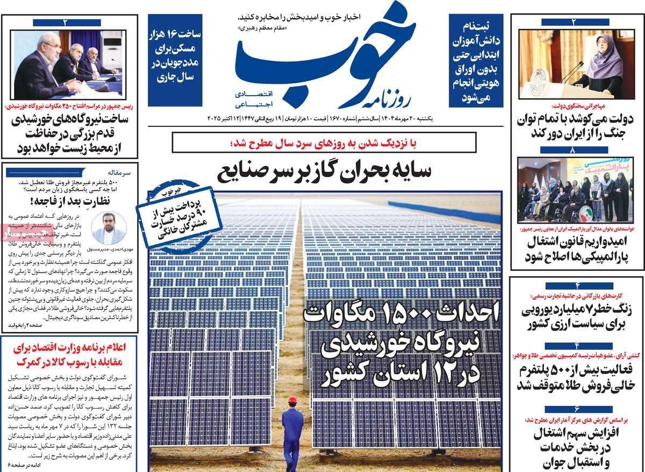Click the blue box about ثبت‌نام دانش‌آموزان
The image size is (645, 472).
[x=477, y=59]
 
